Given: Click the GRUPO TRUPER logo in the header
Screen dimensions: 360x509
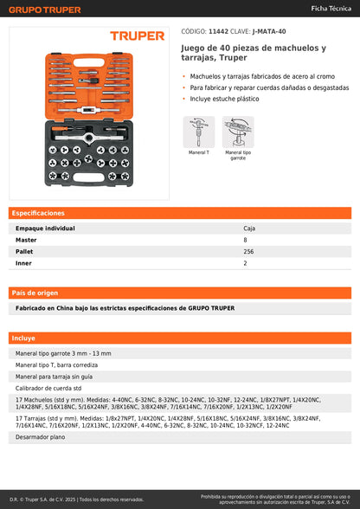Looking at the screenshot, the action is tap(45, 10).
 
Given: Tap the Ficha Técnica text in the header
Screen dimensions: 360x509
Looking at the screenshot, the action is tap(331, 9).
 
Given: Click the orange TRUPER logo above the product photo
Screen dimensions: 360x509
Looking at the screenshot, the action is tap(138, 35).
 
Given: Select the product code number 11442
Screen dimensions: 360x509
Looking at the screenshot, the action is tap(218, 31).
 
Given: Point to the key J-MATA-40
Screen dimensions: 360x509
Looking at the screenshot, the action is tap(269, 31).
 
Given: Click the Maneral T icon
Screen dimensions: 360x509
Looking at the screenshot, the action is tap(199, 132).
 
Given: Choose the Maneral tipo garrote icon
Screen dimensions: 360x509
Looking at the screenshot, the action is tap(238, 132).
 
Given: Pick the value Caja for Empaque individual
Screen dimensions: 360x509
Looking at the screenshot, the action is tap(249, 229).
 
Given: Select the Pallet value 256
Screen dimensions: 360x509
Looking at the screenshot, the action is tap(248, 252).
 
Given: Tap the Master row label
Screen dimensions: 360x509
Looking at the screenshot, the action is tap(26, 240).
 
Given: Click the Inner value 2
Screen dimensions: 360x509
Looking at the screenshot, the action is tap(245, 263).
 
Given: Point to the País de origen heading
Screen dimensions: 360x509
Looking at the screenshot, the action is tap(35, 293).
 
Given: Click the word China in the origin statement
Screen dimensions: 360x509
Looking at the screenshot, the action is tap(65, 308).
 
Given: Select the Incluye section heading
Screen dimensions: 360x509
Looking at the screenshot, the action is tap(23, 338).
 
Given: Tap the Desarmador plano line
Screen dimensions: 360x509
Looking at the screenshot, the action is tap(41, 437).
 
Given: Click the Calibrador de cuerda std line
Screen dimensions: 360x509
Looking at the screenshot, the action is tap(48, 388).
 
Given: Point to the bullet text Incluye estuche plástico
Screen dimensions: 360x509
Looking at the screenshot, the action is tap(225, 99).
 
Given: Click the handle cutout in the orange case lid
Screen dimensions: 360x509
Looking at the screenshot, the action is tap(88, 62).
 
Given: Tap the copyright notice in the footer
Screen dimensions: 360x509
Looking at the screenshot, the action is tap(77, 499).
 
